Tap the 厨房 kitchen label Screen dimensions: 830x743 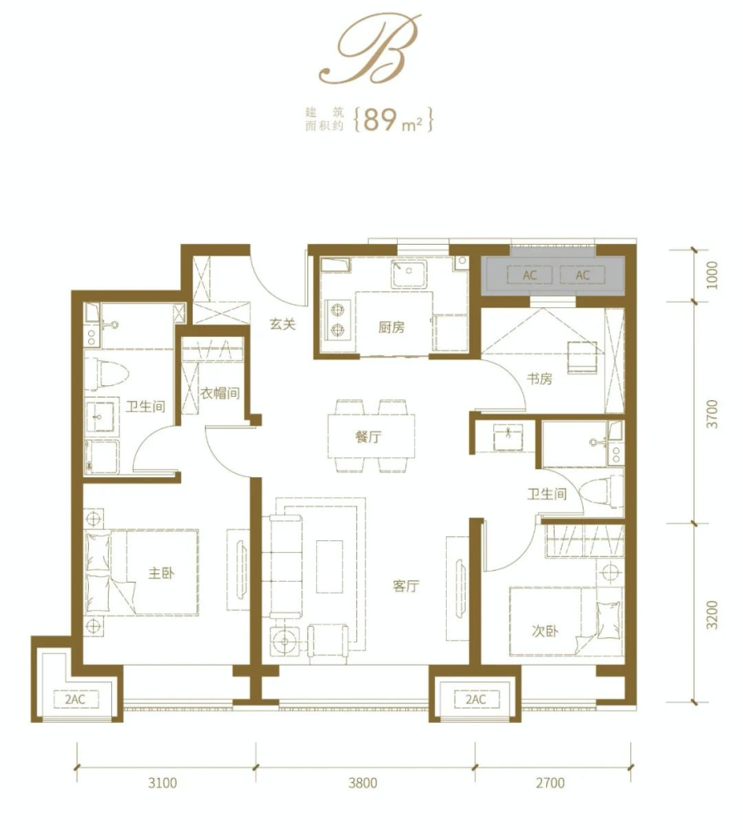391,327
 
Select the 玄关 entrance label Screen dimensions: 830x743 282,325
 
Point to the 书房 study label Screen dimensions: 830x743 540,379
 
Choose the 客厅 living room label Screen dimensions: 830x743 406,587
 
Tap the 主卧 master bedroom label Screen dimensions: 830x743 160,574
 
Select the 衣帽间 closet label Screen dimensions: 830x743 220,393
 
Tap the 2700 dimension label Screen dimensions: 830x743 550,782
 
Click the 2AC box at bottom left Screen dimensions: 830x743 76,700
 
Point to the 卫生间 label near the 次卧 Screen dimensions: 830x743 547,494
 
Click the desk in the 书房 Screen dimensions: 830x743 582,357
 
